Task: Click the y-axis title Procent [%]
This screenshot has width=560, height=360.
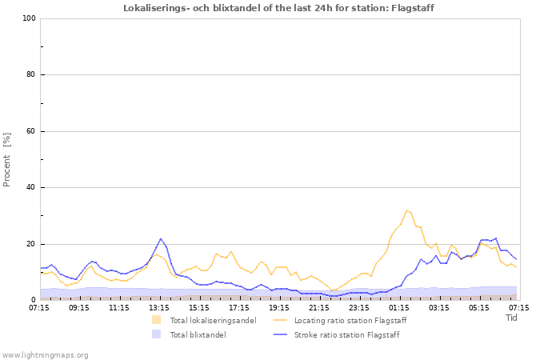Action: click(x=7, y=159)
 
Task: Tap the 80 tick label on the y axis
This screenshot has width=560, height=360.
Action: click(x=30, y=75)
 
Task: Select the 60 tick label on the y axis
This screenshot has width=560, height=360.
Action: click(x=30, y=131)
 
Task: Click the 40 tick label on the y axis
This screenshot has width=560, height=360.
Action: click(x=30, y=188)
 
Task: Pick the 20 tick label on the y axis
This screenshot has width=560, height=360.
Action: click(x=30, y=244)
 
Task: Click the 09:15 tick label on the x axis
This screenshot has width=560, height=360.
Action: click(x=79, y=306)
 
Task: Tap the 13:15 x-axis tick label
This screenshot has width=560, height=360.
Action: click(x=159, y=306)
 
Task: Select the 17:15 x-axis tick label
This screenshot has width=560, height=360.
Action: click(x=239, y=306)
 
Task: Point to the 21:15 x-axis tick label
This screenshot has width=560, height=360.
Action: click(x=319, y=306)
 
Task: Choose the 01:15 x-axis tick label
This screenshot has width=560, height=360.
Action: click(x=399, y=306)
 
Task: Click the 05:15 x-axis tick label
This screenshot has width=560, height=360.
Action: click(x=479, y=306)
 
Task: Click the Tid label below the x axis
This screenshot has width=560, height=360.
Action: click(x=512, y=318)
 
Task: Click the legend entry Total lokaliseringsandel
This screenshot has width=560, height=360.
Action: click(x=213, y=321)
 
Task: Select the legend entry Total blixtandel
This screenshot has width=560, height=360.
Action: click(x=198, y=335)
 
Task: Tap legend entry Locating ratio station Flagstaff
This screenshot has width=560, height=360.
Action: click(x=350, y=321)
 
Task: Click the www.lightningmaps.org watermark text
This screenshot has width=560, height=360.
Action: click(x=45, y=354)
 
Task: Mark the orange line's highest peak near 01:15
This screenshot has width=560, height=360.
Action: click(x=406, y=210)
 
